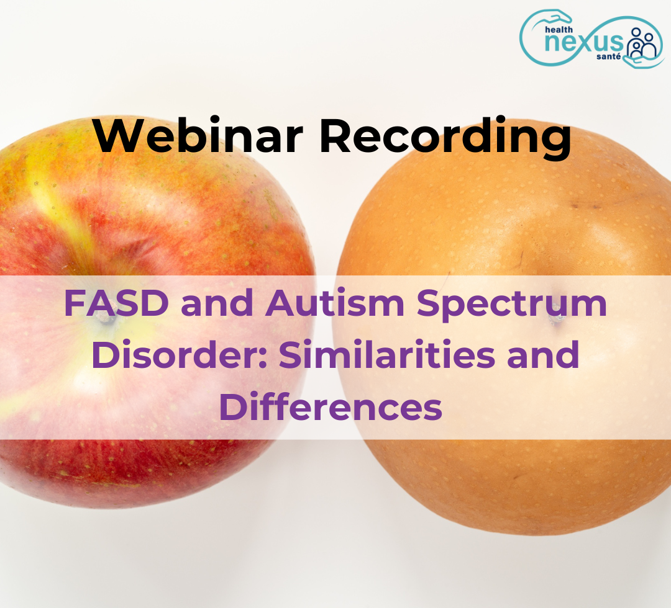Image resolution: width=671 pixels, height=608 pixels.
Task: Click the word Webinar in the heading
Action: coord(199,135)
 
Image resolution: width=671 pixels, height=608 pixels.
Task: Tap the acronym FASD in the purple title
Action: coord(116,303)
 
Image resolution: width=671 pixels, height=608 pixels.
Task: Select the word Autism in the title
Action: coord(335,303)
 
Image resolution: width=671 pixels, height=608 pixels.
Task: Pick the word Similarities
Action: coord(387,354)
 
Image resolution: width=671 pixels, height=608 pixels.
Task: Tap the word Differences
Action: coord(331,406)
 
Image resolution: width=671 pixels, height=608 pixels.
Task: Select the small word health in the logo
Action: coord(559,30)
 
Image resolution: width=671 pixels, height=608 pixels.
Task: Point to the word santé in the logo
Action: coord(608,56)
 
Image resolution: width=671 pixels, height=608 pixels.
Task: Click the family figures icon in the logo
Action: coord(642,43)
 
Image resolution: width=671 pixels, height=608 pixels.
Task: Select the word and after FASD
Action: coord(217,303)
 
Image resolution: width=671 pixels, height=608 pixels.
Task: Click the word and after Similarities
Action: coord(543,354)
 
